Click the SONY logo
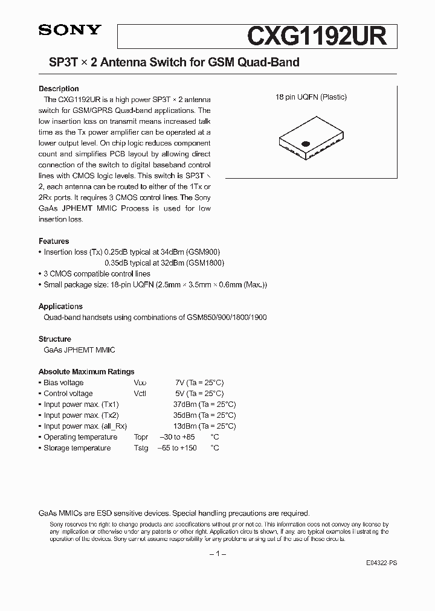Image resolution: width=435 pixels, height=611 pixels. [x=69, y=30]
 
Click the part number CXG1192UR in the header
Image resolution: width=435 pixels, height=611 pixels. [x=316, y=36]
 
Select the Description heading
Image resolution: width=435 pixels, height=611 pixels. [x=59, y=89]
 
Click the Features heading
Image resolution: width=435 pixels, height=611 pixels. [x=54, y=241]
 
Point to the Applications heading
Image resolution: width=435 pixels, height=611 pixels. [x=60, y=306]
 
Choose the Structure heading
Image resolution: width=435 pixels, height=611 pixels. [x=55, y=339]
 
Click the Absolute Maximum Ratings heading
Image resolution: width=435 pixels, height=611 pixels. [x=86, y=372]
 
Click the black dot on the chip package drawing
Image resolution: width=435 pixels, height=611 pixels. [x=305, y=144]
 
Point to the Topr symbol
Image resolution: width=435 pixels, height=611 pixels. [x=141, y=437]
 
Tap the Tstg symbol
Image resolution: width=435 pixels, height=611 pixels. [x=141, y=448]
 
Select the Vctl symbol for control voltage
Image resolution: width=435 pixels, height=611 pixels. [x=140, y=394]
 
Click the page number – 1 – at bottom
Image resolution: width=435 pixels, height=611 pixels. [x=217, y=554]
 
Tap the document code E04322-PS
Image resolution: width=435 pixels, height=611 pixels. [x=381, y=563]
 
